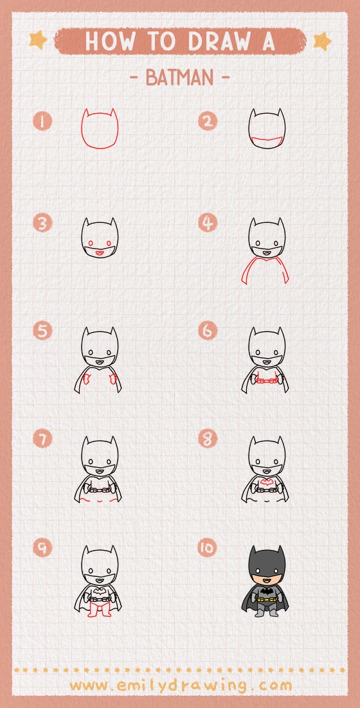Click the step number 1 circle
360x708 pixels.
42,121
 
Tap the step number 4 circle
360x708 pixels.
207,224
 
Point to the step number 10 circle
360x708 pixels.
208,548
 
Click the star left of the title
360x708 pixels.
38,40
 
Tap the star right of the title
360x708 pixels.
321,41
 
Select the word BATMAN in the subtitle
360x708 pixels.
179,78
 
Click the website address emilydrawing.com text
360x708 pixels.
180,685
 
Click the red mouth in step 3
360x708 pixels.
99,253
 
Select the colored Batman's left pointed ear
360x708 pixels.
253,553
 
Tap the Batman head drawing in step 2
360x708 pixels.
267,130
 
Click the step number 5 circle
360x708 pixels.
42,331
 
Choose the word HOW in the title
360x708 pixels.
109,41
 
